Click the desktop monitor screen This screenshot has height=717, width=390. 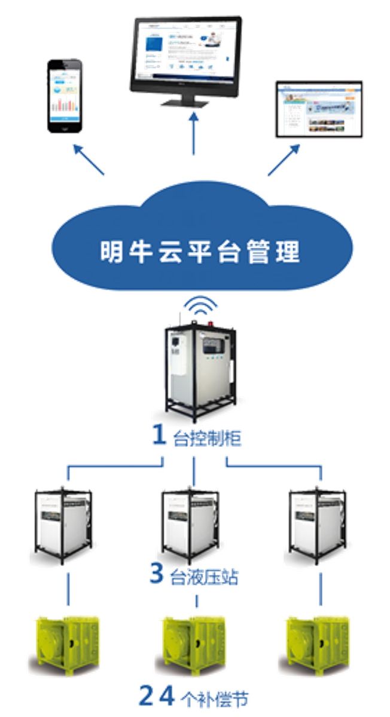coord(185,54)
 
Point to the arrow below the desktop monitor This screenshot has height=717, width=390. coord(194,135)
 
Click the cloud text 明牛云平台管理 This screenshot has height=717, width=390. coord(199,252)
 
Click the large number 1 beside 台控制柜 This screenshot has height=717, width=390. coord(159,436)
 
